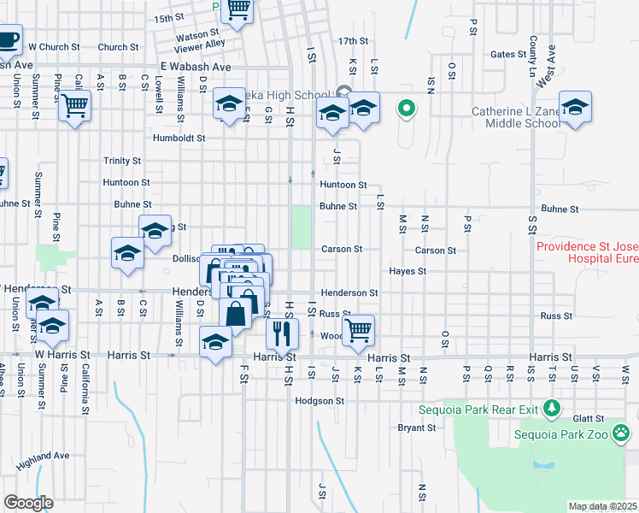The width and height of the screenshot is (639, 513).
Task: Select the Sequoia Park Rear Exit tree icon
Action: pyautogui.click(x=554, y=409)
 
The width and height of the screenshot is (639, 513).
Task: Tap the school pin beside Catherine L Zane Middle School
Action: pyautogui.click(x=576, y=107)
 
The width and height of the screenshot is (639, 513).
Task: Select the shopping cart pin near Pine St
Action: pyautogui.click(x=75, y=106)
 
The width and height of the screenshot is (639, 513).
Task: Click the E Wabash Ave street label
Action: pyautogui.click(x=196, y=66)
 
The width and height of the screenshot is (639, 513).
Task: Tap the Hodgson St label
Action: pyautogui.click(x=319, y=400)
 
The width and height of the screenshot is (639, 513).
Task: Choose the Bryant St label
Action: pyautogui.click(x=417, y=427)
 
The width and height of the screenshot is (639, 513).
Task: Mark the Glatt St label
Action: pyautogui.click(x=589, y=418)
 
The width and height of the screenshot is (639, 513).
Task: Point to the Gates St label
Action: pyautogui.click(x=508, y=54)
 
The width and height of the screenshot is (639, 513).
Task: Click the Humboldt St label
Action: pyautogui.click(x=179, y=138)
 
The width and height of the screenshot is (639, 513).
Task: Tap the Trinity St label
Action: pyautogui.click(x=122, y=161)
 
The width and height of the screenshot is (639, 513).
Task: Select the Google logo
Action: pyautogui.click(x=28, y=504)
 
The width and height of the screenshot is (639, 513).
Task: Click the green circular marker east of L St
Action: pyautogui.click(x=407, y=109)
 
